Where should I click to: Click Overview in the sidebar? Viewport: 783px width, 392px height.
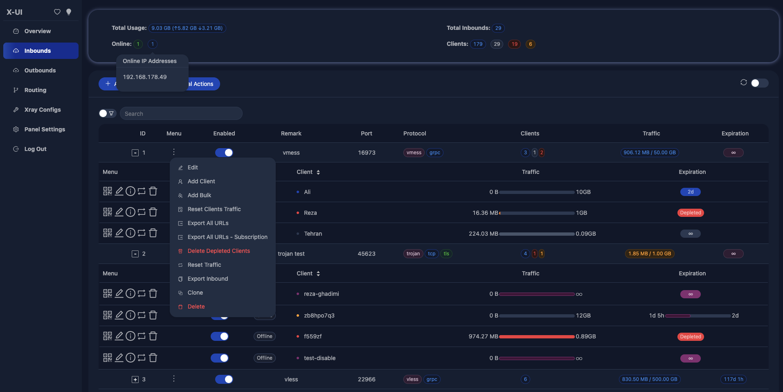tap(37, 31)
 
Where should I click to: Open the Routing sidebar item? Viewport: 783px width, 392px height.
tap(35, 90)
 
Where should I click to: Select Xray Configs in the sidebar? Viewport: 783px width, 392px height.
tap(42, 110)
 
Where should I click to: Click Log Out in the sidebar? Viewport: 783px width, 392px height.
tap(35, 149)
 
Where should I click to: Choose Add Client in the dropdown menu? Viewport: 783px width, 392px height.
tap(201, 181)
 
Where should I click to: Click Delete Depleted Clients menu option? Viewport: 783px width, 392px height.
tap(218, 251)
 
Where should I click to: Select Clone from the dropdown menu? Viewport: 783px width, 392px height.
tap(195, 293)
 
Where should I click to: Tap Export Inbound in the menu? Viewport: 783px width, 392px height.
tap(208, 279)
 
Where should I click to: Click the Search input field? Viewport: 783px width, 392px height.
tap(181, 114)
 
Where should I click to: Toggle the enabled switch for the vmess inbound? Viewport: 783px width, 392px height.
tap(224, 153)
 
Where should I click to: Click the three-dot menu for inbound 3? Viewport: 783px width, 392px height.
tap(174, 379)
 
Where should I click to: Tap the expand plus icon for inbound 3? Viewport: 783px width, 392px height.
tap(135, 379)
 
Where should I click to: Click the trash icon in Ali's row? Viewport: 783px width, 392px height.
tap(153, 191)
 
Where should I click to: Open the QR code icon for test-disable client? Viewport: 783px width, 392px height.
tap(108, 358)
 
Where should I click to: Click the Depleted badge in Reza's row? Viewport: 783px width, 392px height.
tap(691, 213)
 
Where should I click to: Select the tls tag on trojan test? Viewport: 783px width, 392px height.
tap(446, 254)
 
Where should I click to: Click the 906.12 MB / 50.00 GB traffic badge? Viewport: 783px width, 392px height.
tap(650, 153)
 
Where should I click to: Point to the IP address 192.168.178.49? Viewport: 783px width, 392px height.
tap(145, 77)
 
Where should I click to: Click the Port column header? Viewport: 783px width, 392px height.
tap(367, 133)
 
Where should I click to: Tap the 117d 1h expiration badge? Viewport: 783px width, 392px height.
tap(733, 379)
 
